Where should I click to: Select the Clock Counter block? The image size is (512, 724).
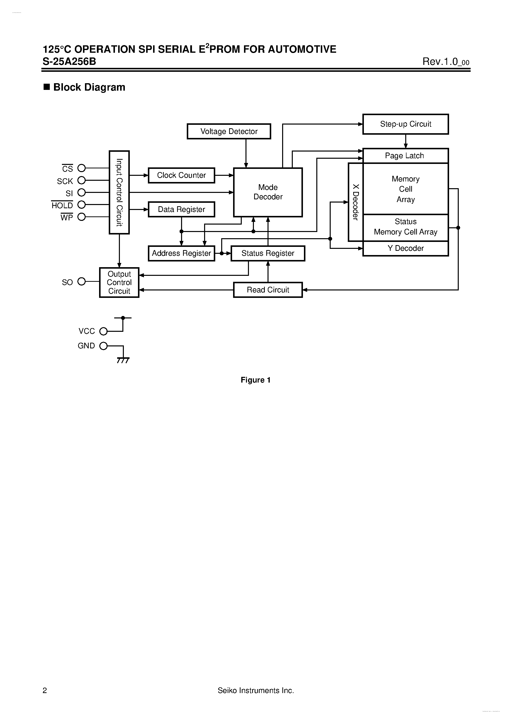181,175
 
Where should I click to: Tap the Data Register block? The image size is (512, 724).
181,209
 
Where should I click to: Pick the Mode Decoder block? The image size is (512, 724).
268,192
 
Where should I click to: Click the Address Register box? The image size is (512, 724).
181,253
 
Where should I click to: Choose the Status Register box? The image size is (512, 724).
268,253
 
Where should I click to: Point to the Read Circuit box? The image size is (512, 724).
268,290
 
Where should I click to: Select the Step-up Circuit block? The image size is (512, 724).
405,124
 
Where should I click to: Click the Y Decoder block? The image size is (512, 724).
405,249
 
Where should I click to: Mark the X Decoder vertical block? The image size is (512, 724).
355,202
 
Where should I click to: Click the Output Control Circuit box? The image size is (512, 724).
119,283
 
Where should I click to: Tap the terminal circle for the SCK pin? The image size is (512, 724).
81,180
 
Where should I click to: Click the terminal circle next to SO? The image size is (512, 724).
81,281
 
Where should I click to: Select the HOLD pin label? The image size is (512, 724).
62,206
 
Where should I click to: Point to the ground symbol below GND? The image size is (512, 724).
123,360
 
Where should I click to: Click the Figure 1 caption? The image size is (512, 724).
256,380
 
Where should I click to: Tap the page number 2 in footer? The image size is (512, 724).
45,691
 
